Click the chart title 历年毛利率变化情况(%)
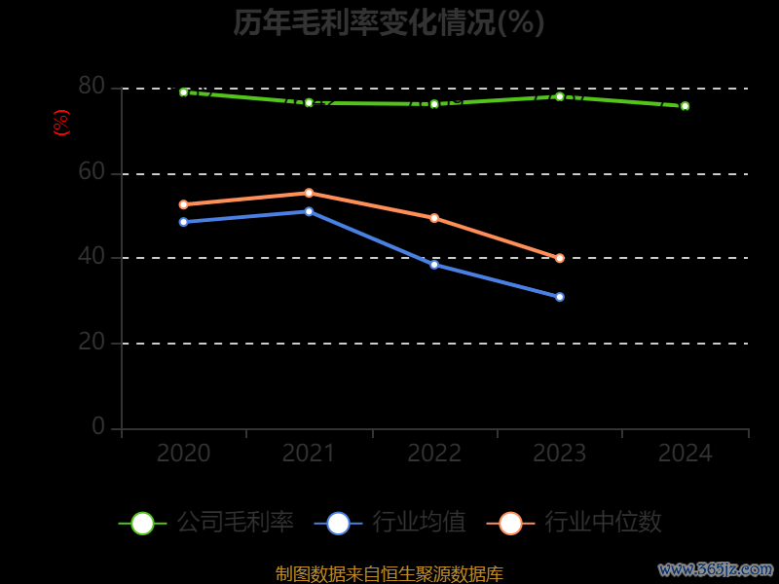pos(389,22)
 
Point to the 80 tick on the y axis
pos(92,87)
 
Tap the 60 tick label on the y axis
pos(92,172)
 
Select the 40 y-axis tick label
pos(92,257)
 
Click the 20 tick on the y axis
pos(92,342)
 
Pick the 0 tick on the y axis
pos(98,426)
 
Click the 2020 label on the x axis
pos(183,454)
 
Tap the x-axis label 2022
pos(434,454)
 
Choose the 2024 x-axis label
pos(685,454)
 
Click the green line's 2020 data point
pos(183,92)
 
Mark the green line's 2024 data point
pos(685,106)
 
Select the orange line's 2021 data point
pos(309,193)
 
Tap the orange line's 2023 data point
pos(560,258)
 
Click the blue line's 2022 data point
pos(434,265)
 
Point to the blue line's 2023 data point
pos(560,297)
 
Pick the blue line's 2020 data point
pos(183,222)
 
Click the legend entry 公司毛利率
pos(206,523)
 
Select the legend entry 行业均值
pos(390,523)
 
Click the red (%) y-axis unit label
pos(60,124)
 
